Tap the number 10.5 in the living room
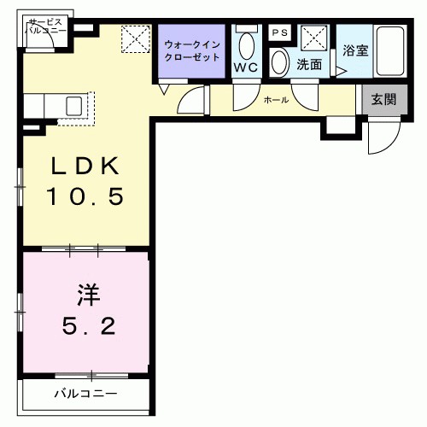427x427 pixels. (85, 197)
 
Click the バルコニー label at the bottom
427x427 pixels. (85, 394)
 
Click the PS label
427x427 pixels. (278, 32)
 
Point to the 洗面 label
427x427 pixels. (308, 64)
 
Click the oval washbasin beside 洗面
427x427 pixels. (280, 61)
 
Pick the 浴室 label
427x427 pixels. (355, 50)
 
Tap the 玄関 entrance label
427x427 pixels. (384, 99)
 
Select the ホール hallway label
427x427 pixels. (276, 100)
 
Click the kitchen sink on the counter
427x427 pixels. (73, 106)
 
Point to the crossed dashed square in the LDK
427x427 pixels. (134, 38)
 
